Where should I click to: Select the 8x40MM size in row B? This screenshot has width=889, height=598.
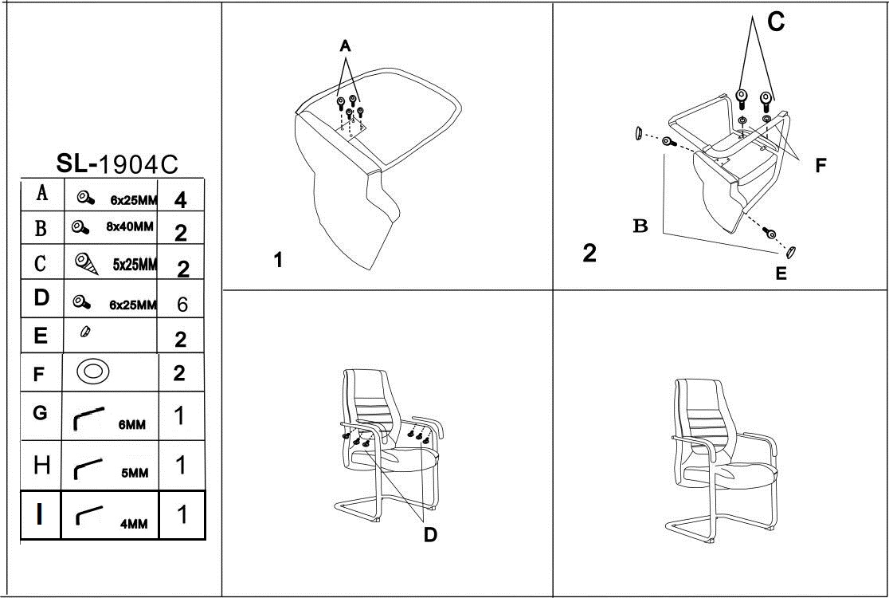coord(129,226)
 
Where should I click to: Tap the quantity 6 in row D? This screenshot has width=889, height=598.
coord(182,305)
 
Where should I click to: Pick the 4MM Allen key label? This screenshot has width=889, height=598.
coord(134,524)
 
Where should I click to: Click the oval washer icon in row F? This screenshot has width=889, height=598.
coord(93,372)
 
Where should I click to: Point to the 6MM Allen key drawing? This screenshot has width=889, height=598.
coord(88,417)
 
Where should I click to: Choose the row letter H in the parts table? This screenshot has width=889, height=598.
coord(41,464)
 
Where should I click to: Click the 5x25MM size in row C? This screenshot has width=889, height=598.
coord(135,265)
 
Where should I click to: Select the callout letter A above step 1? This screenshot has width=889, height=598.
coord(345,47)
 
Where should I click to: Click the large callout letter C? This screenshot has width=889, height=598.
coord(775,22)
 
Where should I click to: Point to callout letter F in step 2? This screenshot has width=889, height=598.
coord(820,166)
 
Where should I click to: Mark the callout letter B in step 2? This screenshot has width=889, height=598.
coord(640,226)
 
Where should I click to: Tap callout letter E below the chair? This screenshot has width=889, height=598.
coord(781,273)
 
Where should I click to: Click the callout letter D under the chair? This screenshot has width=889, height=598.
coord(429,535)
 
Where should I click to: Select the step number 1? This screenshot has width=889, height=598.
coord(278,260)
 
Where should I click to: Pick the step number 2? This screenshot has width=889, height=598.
coord(589,254)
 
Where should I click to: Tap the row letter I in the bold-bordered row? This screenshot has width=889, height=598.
coord(40,514)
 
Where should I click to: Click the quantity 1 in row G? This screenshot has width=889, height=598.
coord(181,415)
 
